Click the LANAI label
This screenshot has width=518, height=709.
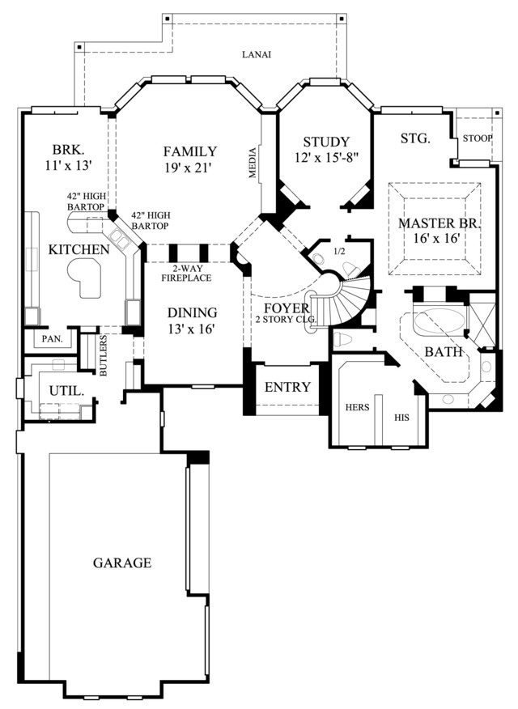tap(257, 55)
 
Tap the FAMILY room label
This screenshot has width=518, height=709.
tap(190, 151)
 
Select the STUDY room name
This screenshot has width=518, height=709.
tap(326, 142)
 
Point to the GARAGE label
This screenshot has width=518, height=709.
tap(122, 563)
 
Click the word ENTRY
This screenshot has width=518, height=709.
tap(287, 387)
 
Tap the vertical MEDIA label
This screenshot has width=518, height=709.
tap(253, 163)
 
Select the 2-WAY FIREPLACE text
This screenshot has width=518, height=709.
tap(186, 273)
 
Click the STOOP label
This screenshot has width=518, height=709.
tap(478, 138)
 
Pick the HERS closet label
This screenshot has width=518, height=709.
tap(357, 407)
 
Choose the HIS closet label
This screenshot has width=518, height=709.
tap(401, 418)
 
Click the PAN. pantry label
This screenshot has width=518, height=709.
tap(53, 338)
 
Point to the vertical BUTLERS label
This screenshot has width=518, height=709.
tap(104, 355)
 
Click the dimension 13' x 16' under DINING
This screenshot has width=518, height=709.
tap(190, 329)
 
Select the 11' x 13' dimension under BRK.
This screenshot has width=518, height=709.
tap(69, 165)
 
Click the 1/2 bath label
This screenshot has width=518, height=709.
tap(339, 252)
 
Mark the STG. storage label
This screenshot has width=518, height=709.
tap(415, 138)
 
